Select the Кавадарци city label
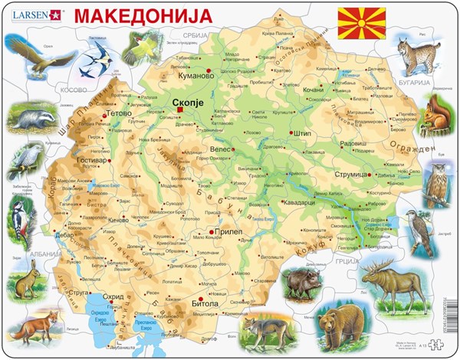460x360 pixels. [x=282, y=201]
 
